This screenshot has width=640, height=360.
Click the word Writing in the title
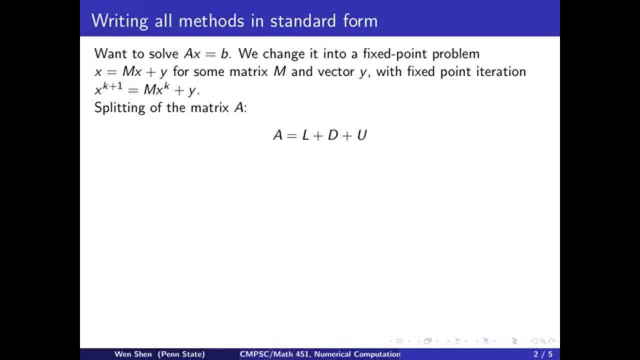pyautogui.click(x=120, y=21)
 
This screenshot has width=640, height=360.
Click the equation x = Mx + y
pyautogui.click(x=130, y=71)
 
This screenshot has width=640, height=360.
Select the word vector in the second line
pyautogui.click(x=335, y=71)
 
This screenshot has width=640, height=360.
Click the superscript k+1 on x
pyautogui.click(x=112, y=85)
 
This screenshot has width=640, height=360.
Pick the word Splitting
pyautogui.click(x=120, y=107)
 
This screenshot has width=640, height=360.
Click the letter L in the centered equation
pyautogui.click(x=305, y=135)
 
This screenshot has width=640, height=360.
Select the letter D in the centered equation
pyautogui.click(x=333, y=135)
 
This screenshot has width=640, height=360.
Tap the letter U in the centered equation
pyautogui.click(x=361, y=135)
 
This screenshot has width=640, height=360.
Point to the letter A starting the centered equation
pyautogui.click(x=277, y=135)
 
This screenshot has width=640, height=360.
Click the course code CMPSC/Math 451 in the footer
pyautogui.click(x=273, y=354)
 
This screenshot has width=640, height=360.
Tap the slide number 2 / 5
pyautogui.click(x=542, y=354)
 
